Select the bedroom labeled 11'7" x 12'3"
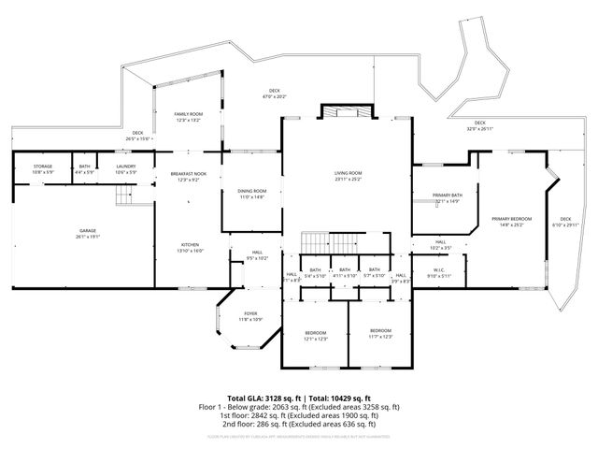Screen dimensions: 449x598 (x=380, y=333)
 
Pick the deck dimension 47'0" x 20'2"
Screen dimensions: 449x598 (x=275, y=95)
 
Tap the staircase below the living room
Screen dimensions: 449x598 (x=316, y=242)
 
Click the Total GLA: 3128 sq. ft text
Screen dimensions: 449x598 (x=264, y=398)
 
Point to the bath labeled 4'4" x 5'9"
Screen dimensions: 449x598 (x=85, y=169)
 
